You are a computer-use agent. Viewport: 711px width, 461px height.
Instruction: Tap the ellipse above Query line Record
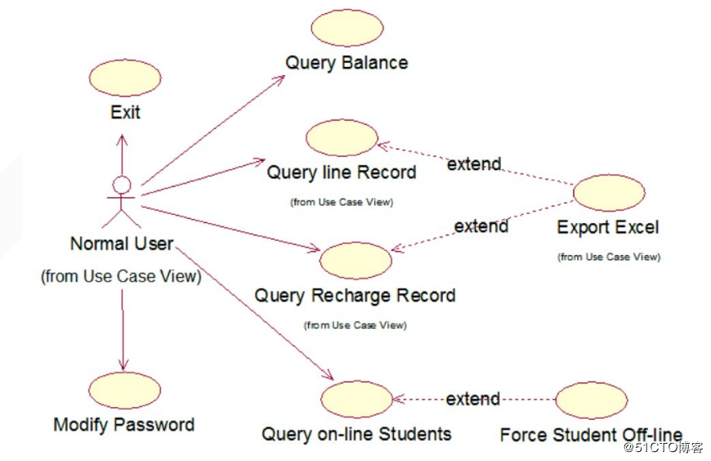click(342, 138)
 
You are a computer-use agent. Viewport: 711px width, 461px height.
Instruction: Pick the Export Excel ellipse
click(609, 193)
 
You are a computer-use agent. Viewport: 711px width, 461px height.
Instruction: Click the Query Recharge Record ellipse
click(355, 260)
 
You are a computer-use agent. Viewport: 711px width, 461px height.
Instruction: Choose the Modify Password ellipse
click(124, 391)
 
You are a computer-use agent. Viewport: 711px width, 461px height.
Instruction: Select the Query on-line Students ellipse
click(356, 400)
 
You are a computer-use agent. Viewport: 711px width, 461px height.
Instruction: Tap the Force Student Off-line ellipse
click(591, 400)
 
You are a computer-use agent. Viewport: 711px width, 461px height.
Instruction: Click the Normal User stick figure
click(121, 201)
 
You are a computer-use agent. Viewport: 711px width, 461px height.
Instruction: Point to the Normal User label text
click(122, 244)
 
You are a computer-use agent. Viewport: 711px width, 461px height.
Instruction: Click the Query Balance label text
click(347, 63)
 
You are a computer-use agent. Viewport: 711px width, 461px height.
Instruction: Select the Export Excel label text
click(608, 227)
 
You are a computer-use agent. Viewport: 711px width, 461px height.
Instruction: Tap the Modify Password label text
click(124, 425)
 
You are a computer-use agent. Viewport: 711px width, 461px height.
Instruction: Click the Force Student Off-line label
click(591, 435)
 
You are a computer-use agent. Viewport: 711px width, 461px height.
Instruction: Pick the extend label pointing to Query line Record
click(474, 164)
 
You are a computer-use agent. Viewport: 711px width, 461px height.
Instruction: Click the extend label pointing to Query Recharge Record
click(481, 226)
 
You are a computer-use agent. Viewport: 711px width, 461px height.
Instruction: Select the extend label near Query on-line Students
click(473, 399)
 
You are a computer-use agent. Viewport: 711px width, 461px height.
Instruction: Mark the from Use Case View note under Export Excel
click(608, 257)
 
